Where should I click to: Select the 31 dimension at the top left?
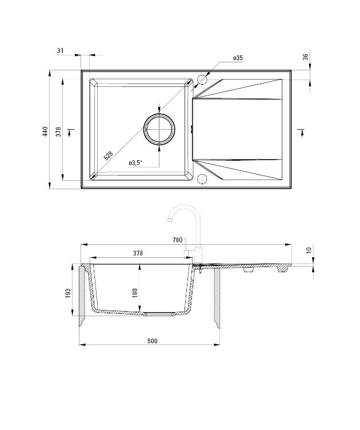(x=61, y=51)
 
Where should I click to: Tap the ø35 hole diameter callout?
(x=238, y=58)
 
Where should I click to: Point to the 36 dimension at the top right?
(x=306, y=57)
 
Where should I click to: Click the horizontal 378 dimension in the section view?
(x=138, y=253)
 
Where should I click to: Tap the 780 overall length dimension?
(x=177, y=240)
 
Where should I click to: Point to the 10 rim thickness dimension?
(x=309, y=250)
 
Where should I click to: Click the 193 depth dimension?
(x=67, y=293)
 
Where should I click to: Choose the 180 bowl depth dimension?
(x=135, y=292)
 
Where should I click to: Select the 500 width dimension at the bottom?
(x=152, y=341)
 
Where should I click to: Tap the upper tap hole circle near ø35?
(x=201, y=79)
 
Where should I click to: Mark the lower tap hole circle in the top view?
(x=201, y=180)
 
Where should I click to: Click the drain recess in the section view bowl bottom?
(x=159, y=314)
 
